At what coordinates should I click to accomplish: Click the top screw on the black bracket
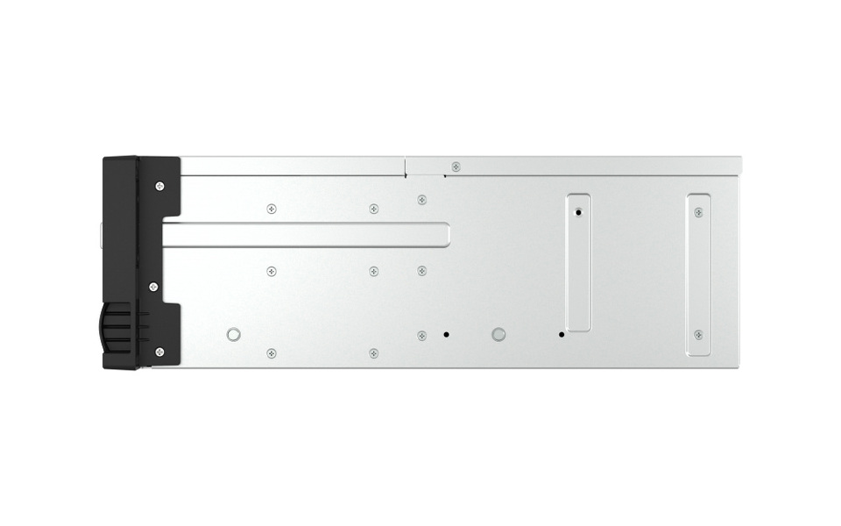pyautogui.click(x=159, y=186)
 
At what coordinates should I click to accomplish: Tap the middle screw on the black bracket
pyautogui.click(x=153, y=287)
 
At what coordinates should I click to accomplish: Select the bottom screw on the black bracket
pyautogui.click(x=159, y=352)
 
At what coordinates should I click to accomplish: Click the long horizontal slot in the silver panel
pyautogui.click(x=307, y=234)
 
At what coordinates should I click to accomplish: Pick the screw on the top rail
pyautogui.click(x=455, y=167)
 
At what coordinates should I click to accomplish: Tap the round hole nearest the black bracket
pyautogui.click(x=233, y=334)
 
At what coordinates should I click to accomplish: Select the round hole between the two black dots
pyautogui.click(x=498, y=334)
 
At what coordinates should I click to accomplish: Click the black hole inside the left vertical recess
pyautogui.click(x=578, y=212)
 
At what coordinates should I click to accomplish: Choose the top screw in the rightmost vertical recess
pyautogui.click(x=698, y=212)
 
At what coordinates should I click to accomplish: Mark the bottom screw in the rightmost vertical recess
pyautogui.click(x=698, y=334)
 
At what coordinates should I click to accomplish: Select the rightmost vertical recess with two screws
pyautogui.click(x=698, y=274)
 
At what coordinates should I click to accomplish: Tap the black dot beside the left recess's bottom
pyautogui.click(x=562, y=334)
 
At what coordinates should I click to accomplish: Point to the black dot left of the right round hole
pyautogui.click(x=446, y=334)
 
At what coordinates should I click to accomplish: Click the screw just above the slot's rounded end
pyautogui.click(x=421, y=200)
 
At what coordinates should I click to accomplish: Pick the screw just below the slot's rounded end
pyautogui.click(x=421, y=270)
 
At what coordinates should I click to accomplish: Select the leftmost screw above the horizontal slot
pyautogui.click(x=272, y=209)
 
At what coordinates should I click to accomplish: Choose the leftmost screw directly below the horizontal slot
pyautogui.click(x=272, y=271)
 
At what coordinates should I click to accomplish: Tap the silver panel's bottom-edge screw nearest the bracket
pyautogui.click(x=272, y=353)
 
